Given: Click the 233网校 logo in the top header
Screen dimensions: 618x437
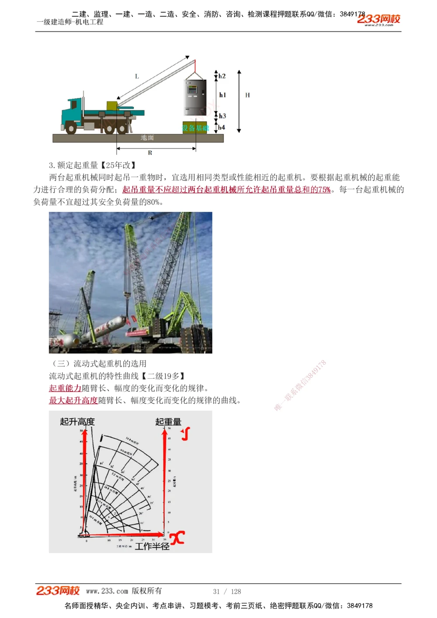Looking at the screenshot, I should tap(378, 19).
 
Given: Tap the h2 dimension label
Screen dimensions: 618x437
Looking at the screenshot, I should tap(222, 76).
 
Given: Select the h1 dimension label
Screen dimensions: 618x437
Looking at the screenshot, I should tap(222, 95).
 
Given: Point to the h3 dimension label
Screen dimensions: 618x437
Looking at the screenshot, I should tap(222, 116).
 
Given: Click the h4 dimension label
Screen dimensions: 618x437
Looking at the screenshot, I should tap(222, 128).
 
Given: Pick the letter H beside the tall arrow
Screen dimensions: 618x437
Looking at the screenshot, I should tap(247, 95).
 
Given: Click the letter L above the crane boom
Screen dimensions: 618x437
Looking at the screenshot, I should tap(137, 76).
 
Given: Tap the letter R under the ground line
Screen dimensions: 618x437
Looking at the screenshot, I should tap(150, 153).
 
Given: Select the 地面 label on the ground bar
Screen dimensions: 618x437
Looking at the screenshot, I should tap(147, 138).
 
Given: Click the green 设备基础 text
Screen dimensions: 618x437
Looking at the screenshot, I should tap(195, 128).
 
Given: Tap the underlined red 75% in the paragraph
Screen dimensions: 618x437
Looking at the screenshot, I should tap(324, 190).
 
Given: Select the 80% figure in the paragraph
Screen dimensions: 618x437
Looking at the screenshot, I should tap(154, 202).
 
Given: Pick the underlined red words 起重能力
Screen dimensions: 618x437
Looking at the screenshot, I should tap(65, 388).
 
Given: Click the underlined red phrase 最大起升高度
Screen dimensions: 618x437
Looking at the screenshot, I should tap(73, 400).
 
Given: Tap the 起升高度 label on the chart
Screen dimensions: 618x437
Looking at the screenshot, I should tap(77, 421).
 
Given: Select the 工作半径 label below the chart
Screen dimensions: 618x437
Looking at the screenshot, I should tap(152, 546).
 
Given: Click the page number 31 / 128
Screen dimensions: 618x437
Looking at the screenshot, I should tap(227, 591).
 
